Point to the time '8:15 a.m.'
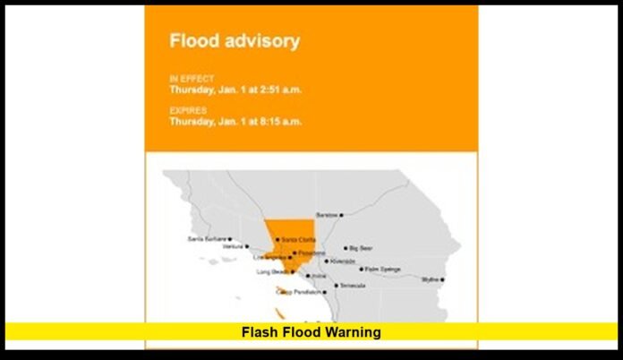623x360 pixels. click(x=277, y=121)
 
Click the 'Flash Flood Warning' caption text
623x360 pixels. click(x=311, y=332)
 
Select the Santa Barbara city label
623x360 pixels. click(x=206, y=239)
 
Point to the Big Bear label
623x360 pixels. click(x=361, y=248)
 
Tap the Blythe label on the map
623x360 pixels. click(x=431, y=279)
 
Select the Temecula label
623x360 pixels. click(x=353, y=286)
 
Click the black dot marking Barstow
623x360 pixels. click(x=341, y=215)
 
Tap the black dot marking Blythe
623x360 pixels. click(x=442, y=279)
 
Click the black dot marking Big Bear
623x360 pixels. click(x=346, y=248)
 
